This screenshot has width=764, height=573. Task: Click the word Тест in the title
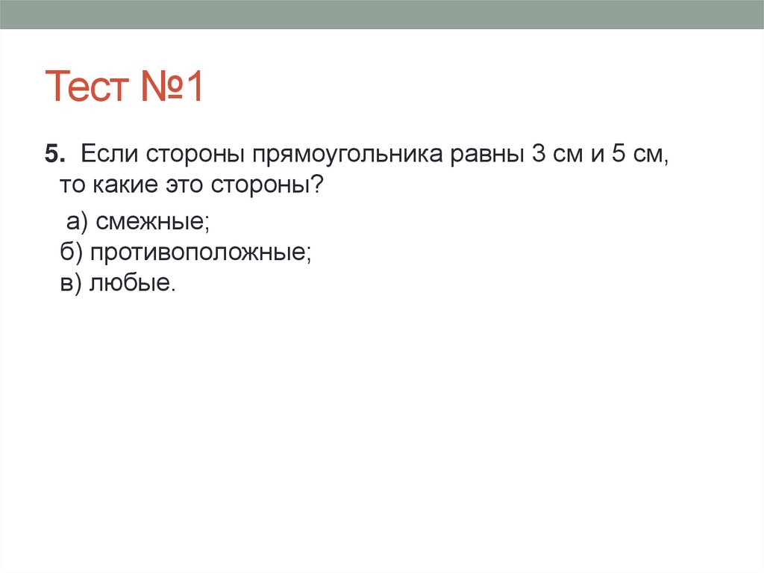[x=87, y=87]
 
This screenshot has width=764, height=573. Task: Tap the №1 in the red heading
[x=171, y=87]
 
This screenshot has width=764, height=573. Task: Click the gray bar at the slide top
[x=382, y=14]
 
